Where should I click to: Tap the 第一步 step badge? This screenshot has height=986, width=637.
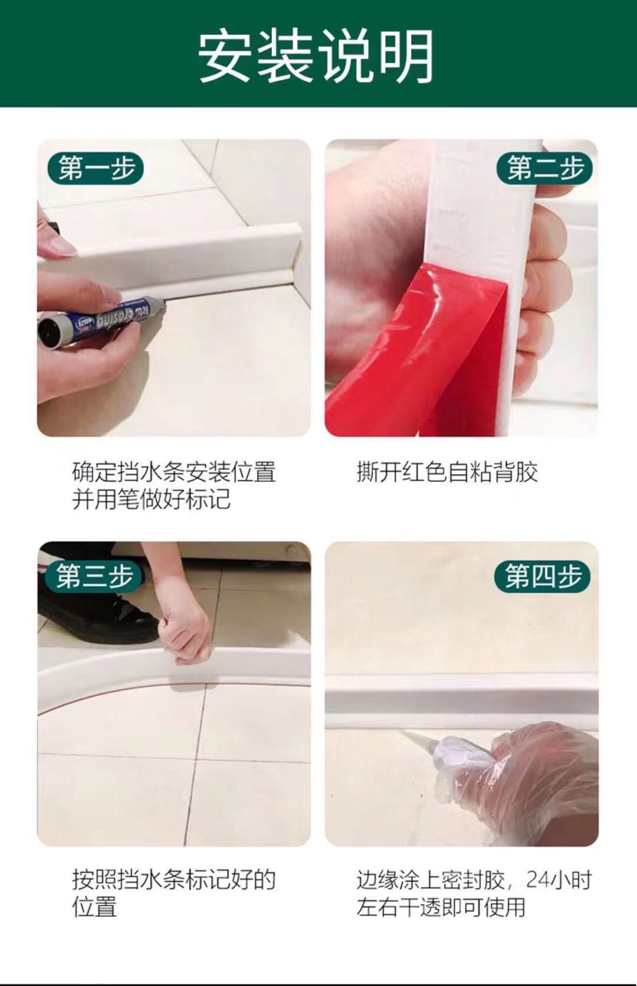[x=96, y=168]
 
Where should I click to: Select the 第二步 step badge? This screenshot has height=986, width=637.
[x=544, y=168]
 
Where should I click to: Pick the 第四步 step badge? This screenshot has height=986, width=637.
[x=543, y=576]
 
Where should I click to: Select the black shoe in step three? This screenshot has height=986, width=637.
[x=94, y=619]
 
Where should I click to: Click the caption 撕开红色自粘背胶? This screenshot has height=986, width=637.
[x=447, y=472]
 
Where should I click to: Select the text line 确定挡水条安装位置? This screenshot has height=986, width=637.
[x=174, y=472]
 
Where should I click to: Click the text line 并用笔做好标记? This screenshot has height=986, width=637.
[x=151, y=499]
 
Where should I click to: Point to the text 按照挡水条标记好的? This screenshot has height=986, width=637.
[x=174, y=879]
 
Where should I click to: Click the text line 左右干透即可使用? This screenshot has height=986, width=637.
[x=441, y=907]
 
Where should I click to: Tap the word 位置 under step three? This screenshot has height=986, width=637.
[x=94, y=907]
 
